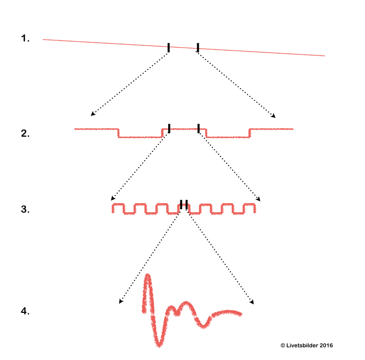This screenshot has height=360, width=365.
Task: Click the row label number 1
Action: [x=25, y=38]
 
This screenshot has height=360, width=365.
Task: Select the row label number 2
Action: [x=25, y=134]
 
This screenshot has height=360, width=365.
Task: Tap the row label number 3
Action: [x=25, y=209]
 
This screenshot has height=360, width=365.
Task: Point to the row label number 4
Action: [x=25, y=311]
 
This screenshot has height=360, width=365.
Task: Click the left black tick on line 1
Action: [x=169, y=48]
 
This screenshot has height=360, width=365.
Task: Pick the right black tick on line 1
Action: [x=198, y=48]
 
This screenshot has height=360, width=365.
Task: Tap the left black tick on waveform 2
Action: [x=169, y=128]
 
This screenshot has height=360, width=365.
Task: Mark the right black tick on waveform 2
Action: [x=199, y=128]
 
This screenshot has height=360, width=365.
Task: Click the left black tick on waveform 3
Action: [x=181, y=204]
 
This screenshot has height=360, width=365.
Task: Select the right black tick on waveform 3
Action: [x=187, y=204]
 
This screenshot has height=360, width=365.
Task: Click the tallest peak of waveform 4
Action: [x=148, y=277]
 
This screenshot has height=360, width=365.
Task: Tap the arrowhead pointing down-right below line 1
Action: [x=274, y=116]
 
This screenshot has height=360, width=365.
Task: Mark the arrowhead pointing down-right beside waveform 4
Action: [x=252, y=303]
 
